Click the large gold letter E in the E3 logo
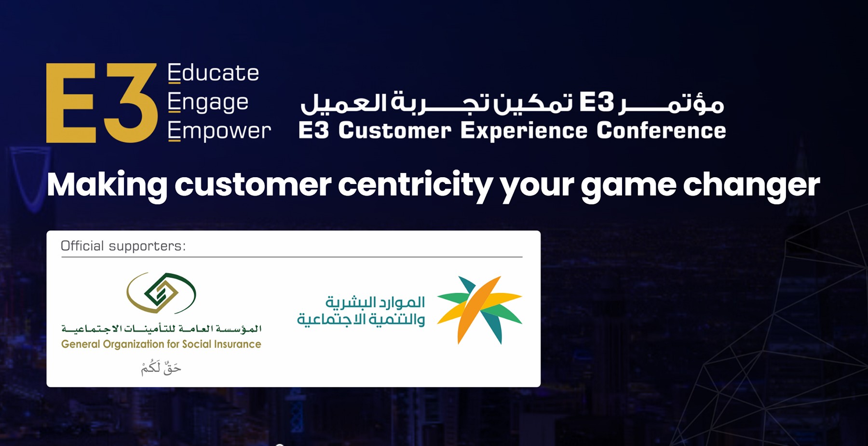[x=71, y=103]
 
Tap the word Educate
[x=213, y=73]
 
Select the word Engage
[x=208, y=103]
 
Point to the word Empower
[x=219, y=131]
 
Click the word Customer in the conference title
[x=394, y=131]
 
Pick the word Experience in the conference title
[x=524, y=131]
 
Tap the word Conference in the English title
[x=661, y=131]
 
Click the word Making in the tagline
[x=107, y=185]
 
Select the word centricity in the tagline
[x=415, y=185]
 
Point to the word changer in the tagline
[x=751, y=185]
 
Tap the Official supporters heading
[x=123, y=246]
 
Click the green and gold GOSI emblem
[x=161, y=293]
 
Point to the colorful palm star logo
[x=480, y=310]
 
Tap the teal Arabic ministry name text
[x=361, y=311]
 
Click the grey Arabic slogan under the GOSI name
[x=161, y=367]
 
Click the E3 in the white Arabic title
[x=597, y=102]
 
